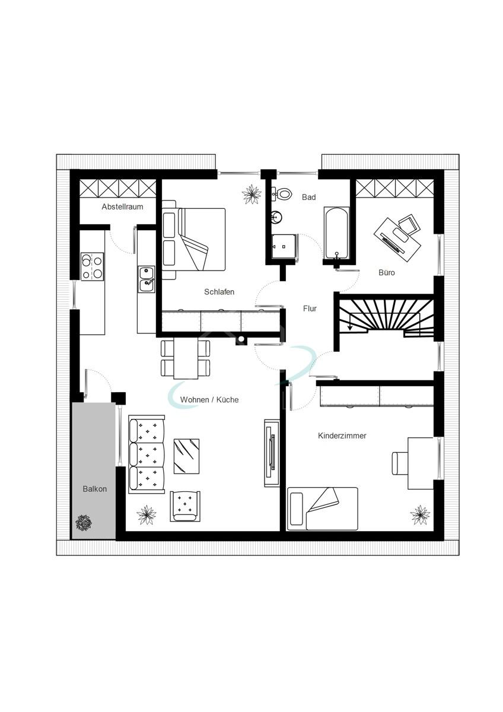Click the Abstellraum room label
point(122,207)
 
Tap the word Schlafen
point(219,292)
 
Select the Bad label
point(308,197)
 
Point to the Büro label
point(387,273)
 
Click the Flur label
point(310,309)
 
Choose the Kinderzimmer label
point(342,436)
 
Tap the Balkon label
point(95,489)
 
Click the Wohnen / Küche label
point(209,400)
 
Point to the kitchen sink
point(147,279)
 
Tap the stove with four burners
point(92,266)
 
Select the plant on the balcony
point(84,523)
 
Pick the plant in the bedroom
point(253,193)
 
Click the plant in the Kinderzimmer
point(420,514)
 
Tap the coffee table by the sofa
point(186,456)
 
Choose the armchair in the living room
point(185,506)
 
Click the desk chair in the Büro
point(408,225)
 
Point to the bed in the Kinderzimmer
point(323,508)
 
